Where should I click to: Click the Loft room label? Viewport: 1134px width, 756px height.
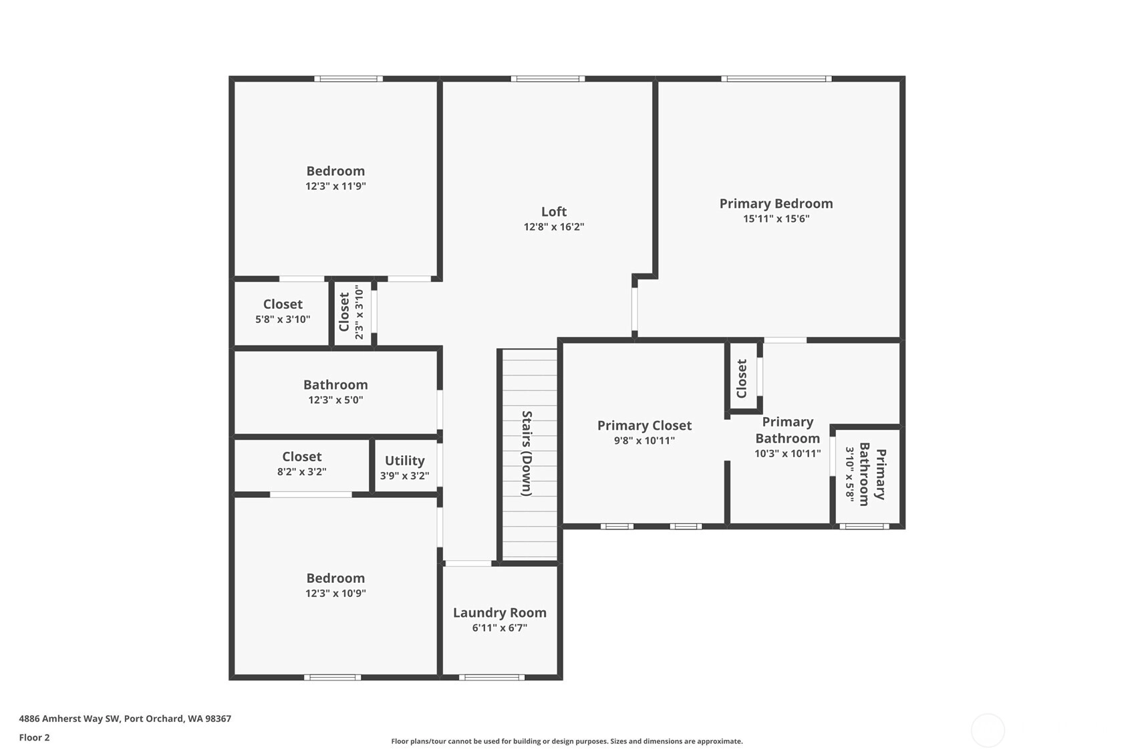tap(554, 211)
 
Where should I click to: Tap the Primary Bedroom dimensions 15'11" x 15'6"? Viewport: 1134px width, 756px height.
tap(776, 219)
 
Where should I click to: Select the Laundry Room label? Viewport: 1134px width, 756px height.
tap(500, 613)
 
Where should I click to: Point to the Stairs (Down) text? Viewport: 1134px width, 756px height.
tap(527, 453)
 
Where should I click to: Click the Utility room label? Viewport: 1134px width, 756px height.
tap(404, 461)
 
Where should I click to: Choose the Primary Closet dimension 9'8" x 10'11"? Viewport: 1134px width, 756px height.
tap(644, 440)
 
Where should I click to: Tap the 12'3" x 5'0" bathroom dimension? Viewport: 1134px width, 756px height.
tap(335, 400)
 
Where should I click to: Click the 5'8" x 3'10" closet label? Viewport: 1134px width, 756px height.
tap(283, 320)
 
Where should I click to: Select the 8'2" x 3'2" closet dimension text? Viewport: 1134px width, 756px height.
tap(302, 472)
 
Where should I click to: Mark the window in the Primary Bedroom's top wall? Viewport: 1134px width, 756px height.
tap(776, 79)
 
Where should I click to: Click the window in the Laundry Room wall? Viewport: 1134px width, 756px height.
tap(492, 678)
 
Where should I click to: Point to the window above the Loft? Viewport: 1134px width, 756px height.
tap(548, 79)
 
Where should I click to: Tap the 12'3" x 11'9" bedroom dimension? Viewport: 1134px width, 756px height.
tap(335, 186)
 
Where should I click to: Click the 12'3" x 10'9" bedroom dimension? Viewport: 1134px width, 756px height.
tap(335, 594)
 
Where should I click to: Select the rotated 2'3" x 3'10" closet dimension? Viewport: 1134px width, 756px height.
tap(360, 312)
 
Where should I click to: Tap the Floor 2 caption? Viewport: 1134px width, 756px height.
tap(35, 738)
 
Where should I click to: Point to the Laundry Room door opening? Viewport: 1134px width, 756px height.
tap(468, 563)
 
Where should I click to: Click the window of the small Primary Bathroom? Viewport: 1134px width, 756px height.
tap(864, 527)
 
